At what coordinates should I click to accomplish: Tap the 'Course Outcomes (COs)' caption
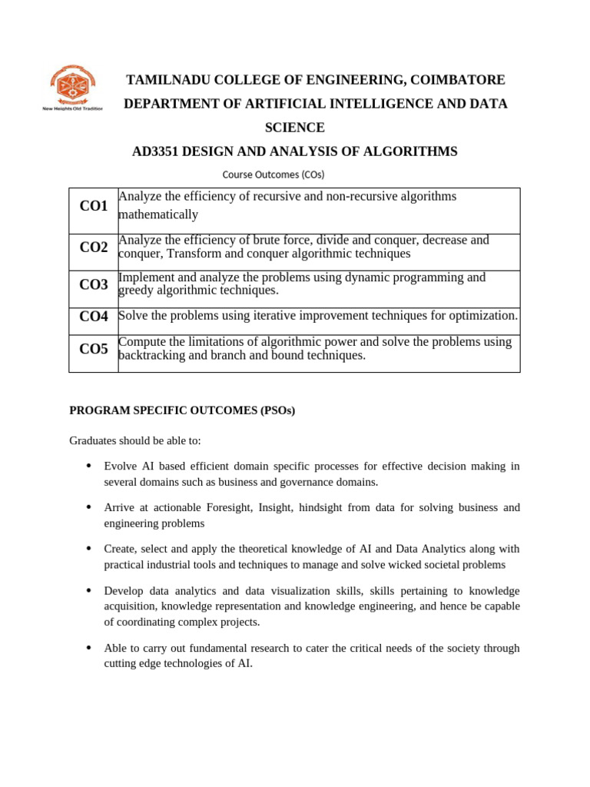coord(273,174)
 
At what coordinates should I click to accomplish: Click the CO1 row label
coord(94,206)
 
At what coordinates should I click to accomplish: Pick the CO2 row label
coord(94,247)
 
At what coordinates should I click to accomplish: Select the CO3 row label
coord(94,284)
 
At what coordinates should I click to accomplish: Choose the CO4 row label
coord(94,316)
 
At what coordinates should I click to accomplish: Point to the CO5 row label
coord(94,349)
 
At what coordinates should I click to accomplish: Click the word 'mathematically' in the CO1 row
coord(158,214)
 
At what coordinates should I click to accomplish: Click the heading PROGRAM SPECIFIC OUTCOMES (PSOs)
coord(182,411)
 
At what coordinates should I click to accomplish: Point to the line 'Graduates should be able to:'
coord(134,441)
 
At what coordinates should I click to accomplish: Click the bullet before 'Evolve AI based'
coord(89,466)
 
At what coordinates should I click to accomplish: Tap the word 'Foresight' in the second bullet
coord(227,507)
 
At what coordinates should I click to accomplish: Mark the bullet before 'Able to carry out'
coord(89,648)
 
